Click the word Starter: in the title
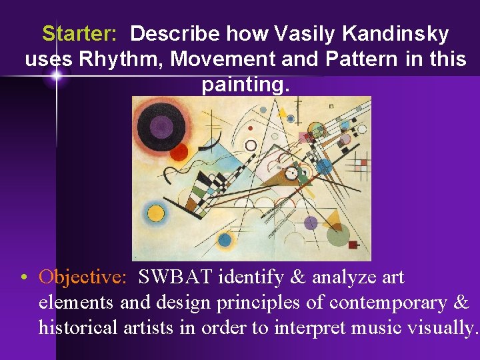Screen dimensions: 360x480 (79, 34)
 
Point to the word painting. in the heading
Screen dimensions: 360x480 (246, 85)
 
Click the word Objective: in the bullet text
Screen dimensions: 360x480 (81, 277)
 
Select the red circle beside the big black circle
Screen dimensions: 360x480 (178, 152)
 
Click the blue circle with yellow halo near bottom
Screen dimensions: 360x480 (224, 239)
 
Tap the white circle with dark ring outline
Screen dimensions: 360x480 (251, 145)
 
